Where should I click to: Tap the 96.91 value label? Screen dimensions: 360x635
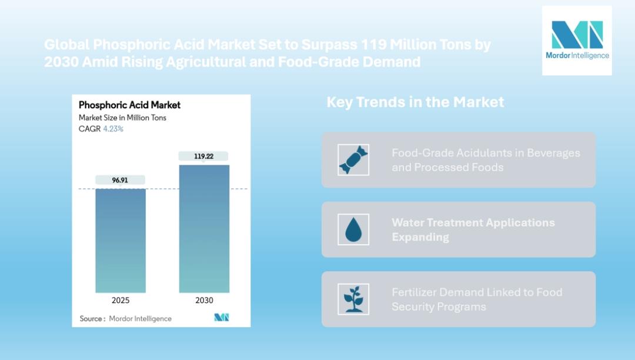[120, 180]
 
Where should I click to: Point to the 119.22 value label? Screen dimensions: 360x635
[203, 156]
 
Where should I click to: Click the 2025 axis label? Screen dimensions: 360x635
[121, 300]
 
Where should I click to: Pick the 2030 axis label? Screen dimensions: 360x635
[204, 300]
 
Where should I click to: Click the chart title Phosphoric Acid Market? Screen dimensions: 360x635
[129, 105]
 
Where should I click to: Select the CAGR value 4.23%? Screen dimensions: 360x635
[113, 129]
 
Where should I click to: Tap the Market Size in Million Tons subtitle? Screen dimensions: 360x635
[122, 118]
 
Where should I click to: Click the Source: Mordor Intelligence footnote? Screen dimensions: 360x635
[126, 318]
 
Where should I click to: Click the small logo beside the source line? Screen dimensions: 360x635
[222, 318]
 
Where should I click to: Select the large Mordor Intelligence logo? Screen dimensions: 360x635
[577, 40]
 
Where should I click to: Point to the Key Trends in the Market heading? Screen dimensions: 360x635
[415, 102]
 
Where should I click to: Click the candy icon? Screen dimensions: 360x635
[353, 160]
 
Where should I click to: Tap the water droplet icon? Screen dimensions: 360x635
[353, 229]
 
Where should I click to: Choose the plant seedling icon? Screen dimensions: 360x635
[353, 299]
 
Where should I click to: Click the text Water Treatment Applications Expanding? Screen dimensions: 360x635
[473, 229]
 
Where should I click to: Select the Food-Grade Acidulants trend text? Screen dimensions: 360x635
[486, 160]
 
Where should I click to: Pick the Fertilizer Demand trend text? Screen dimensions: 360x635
[477, 299]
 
